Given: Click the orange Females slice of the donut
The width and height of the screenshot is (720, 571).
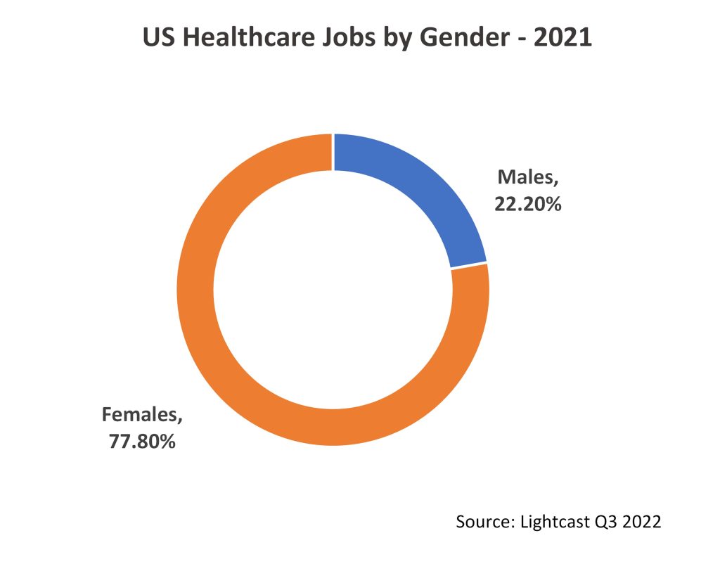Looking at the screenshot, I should pyautogui.click(x=232, y=366).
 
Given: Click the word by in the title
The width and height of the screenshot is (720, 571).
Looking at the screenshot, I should pyautogui.click(x=400, y=38).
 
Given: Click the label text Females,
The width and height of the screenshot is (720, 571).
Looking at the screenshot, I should pyautogui.click(x=143, y=414).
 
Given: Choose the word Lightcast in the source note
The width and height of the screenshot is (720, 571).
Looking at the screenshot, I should pyautogui.click(x=552, y=522).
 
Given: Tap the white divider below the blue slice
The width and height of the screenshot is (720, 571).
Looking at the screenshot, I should pyautogui.click(x=468, y=265).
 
